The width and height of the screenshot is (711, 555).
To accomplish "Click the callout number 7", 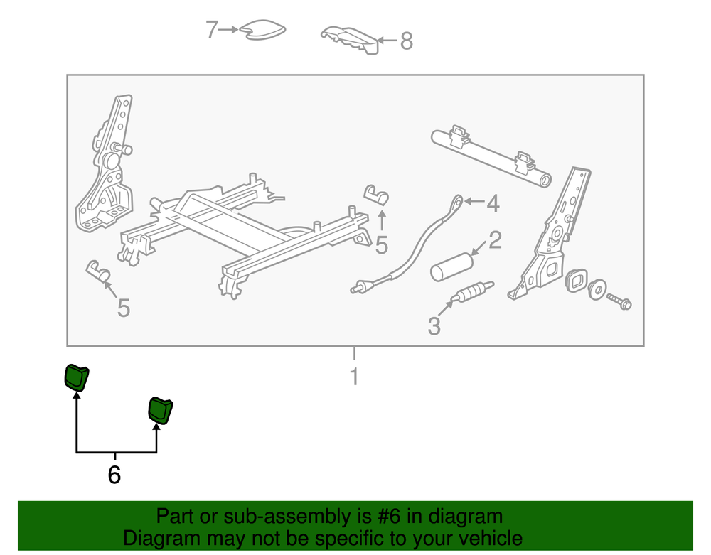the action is pos(212,29).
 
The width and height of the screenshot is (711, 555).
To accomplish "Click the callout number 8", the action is pos(406,41).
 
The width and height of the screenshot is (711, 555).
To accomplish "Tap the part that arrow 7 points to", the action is pos(263,29).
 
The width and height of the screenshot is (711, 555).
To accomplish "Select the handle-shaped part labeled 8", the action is pos(350,41).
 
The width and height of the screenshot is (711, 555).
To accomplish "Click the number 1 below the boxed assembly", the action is pos(355,377).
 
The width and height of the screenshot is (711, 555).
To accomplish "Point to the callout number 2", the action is pos(495,239).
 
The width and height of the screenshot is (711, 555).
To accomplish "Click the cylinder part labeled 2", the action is pos(451,268).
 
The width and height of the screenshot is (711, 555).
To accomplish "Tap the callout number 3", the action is pos(434,325).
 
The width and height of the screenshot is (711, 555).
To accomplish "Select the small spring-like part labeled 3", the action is pos(473,291).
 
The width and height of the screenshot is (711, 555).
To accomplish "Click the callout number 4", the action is pos(493,203).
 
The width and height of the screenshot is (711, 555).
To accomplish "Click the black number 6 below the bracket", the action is pos(114,475).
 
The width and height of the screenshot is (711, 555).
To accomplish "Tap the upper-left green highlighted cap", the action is pos(77,377).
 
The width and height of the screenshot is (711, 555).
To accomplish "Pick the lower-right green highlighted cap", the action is pos(161,411).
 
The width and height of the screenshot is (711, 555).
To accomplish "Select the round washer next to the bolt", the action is pos(597,289).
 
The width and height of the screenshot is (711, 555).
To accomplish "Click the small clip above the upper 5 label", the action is pos(377,195).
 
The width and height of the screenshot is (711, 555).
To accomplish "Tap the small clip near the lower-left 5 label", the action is pos(98,271).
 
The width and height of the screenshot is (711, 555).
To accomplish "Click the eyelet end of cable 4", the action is pos(457,201).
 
